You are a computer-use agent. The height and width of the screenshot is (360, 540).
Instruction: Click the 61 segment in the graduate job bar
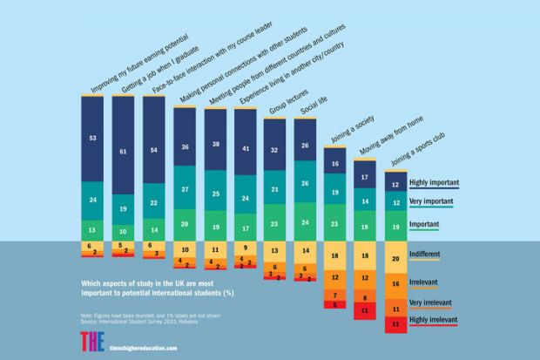(x=127, y=151)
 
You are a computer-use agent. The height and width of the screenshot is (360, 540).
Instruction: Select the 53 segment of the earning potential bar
(x=97, y=138)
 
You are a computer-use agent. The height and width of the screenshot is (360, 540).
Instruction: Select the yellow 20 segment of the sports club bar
(x=398, y=259)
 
